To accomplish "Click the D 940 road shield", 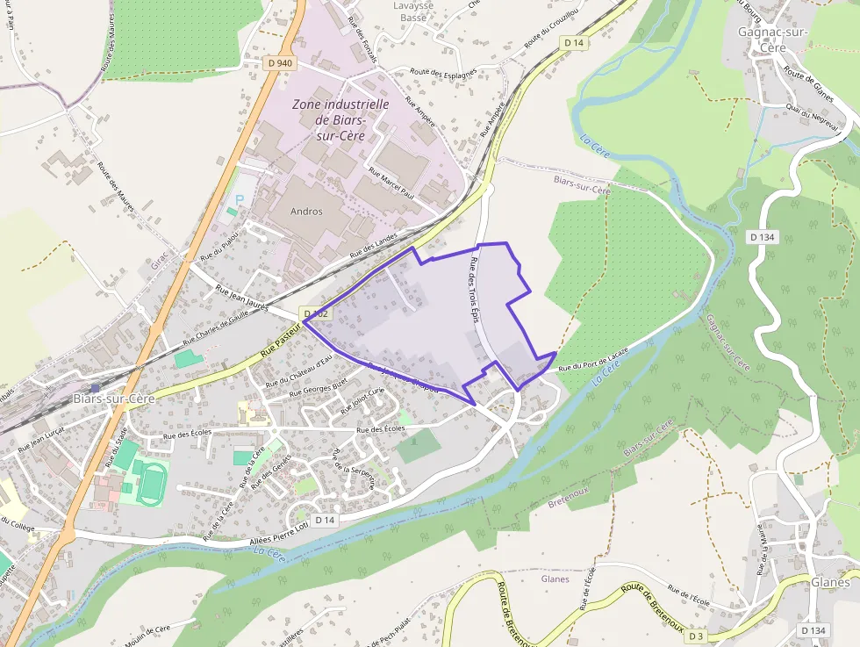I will click(x=281, y=63).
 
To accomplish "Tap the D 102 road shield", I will click(x=316, y=313).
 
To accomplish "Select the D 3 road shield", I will click(x=696, y=636).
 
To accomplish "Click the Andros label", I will click(x=306, y=212).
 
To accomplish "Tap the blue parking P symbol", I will click(x=239, y=199).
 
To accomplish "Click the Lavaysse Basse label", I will click(x=412, y=11).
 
